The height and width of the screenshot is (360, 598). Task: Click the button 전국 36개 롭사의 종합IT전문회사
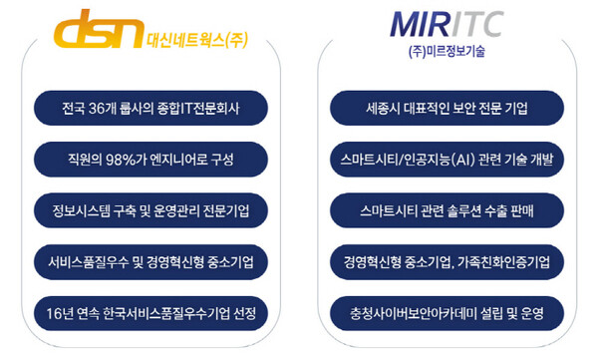point(150,107)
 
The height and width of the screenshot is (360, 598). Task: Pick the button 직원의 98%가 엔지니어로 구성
point(150,159)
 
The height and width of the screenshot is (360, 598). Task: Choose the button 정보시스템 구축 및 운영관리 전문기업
point(150,210)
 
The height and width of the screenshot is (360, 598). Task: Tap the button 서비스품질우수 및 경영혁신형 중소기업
point(150,262)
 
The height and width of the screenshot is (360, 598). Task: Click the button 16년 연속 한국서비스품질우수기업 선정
point(150,314)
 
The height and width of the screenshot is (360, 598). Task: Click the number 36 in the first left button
point(98,107)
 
